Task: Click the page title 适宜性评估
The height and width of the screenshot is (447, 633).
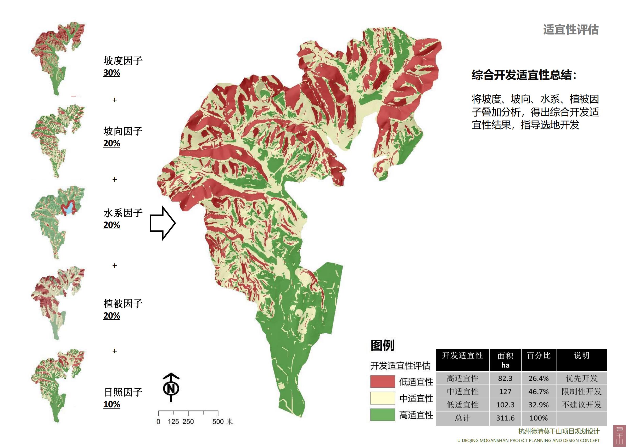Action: [x=571, y=30]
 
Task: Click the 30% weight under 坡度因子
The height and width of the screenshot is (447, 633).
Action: [x=112, y=73]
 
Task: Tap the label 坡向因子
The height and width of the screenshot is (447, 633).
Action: [x=123, y=132]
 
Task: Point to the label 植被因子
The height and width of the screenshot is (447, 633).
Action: [x=123, y=304]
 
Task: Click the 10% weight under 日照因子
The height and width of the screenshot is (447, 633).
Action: [x=112, y=404]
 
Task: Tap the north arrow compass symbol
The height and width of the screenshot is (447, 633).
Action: [x=171, y=387]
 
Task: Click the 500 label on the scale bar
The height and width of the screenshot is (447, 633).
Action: [x=218, y=422]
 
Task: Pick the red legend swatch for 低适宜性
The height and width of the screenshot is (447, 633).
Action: [x=382, y=382]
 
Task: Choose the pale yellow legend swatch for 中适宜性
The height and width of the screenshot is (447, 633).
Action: [x=382, y=398]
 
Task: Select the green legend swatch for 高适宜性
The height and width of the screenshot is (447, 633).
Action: [x=382, y=415]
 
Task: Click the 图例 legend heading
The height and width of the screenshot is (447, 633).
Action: [x=382, y=345]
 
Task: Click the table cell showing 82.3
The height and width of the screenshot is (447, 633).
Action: [x=505, y=378]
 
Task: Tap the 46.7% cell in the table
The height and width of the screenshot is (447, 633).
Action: [x=539, y=392]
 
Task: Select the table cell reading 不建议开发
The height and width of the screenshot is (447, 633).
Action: [x=581, y=405]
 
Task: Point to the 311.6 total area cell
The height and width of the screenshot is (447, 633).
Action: [x=505, y=418]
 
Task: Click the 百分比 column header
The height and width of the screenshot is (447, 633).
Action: [x=539, y=356]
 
